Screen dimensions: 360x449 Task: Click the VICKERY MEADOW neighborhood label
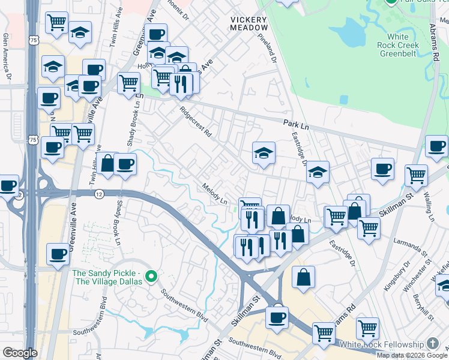[249, 23]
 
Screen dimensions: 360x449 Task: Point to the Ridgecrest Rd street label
[196, 122]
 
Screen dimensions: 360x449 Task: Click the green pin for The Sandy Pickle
[151, 277]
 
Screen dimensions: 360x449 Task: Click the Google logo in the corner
[20, 353]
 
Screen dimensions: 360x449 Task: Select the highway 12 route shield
[98, 194]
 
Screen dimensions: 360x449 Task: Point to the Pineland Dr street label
[267, 48]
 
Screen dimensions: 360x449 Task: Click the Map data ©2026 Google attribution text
[412, 355]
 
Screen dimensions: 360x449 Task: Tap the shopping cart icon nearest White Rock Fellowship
[367, 329]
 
